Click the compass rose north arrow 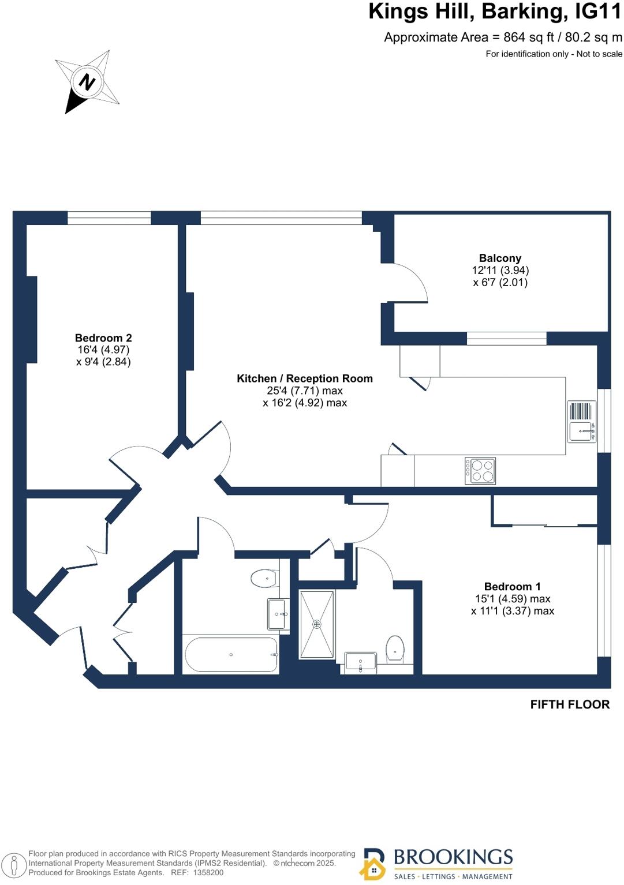tap(87, 82)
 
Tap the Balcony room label tap(500, 258)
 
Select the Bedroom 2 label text tap(103, 338)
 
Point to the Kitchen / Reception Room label tap(305, 378)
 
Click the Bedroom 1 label tap(512, 587)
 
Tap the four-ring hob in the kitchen tap(480, 470)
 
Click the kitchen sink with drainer tap(582, 422)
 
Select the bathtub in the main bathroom tap(231, 655)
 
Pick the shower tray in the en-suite tap(317, 624)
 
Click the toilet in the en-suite tap(395, 648)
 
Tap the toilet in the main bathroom tap(264, 577)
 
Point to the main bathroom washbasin tap(276, 614)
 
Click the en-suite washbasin tap(360, 662)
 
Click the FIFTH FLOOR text tap(570, 704)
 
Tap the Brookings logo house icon tap(373, 865)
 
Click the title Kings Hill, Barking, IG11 tap(495, 12)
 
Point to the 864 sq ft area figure tap(523, 37)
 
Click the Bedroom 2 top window tap(109, 218)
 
